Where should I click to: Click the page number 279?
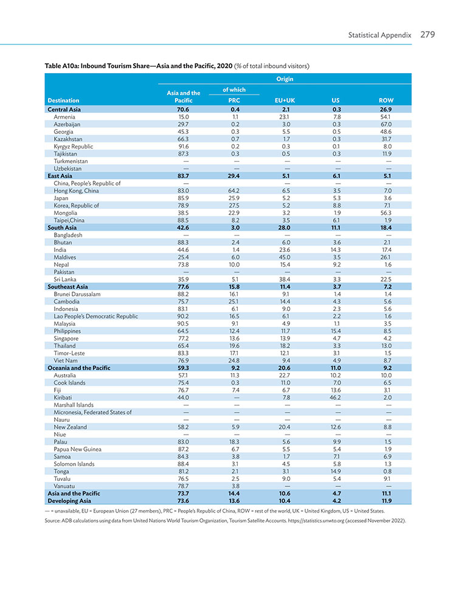click(x=427, y=35)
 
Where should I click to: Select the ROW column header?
click(x=386, y=100)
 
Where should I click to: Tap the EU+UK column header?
click(x=285, y=100)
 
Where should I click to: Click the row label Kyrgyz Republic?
click(x=73, y=146)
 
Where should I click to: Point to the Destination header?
click(x=63, y=100)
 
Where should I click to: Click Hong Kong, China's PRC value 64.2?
click(x=234, y=191)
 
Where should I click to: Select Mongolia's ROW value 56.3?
click(x=385, y=212)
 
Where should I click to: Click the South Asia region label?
click(x=62, y=228)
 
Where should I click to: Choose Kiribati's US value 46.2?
click(x=335, y=397)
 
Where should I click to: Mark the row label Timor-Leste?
click(x=69, y=353)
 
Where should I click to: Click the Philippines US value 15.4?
click(x=335, y=331)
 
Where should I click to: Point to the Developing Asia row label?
click(x=69, y=501)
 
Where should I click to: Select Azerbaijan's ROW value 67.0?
click(x=386, y=124)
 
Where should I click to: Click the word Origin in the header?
click(x=285, y=79)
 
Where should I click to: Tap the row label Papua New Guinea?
click(x=77, y=449)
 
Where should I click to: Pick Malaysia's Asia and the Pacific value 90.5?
click(x=184, y=323)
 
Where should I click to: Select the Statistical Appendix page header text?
click(x=379, y=35)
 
